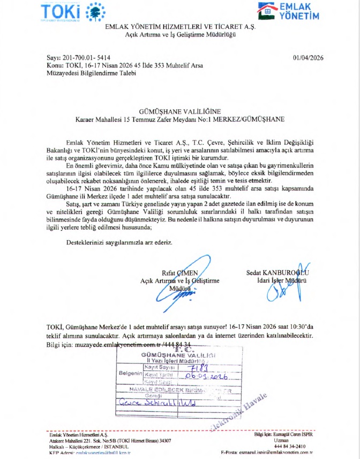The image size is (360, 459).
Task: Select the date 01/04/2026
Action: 310,57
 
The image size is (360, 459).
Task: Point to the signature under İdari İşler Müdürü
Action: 282,290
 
